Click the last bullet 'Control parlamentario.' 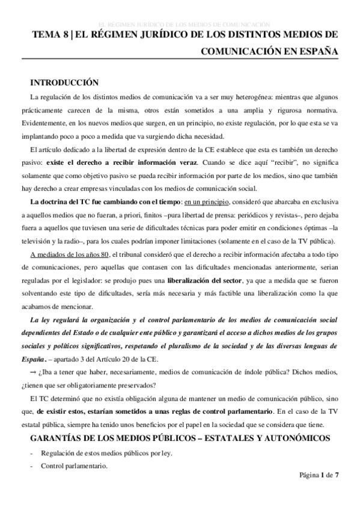(75, 466)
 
